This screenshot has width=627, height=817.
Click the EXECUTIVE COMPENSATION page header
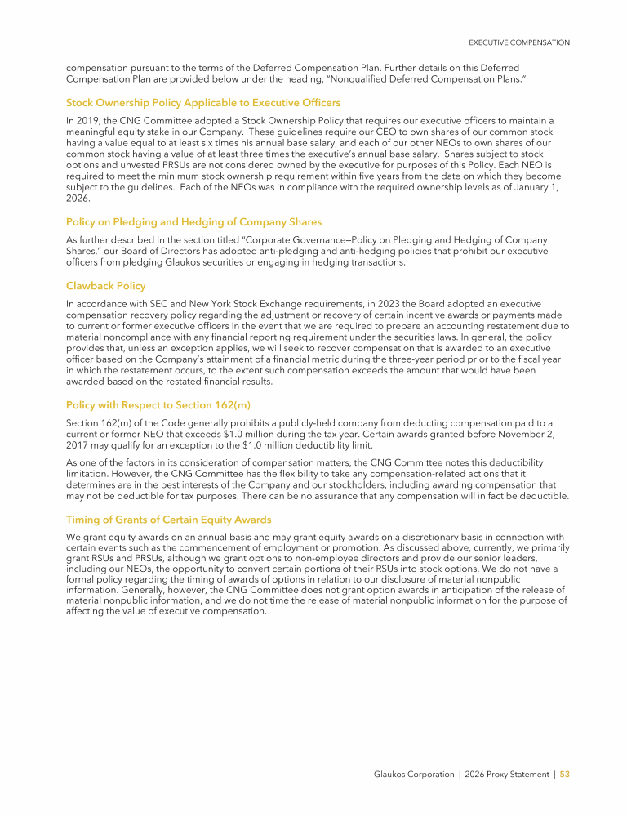518,42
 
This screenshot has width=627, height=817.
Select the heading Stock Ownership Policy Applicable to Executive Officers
202,103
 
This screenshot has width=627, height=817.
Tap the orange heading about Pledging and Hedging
193,221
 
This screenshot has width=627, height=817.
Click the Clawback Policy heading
105,286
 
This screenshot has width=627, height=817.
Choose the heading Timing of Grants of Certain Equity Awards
168,520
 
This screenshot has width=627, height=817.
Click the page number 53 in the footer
564,774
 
